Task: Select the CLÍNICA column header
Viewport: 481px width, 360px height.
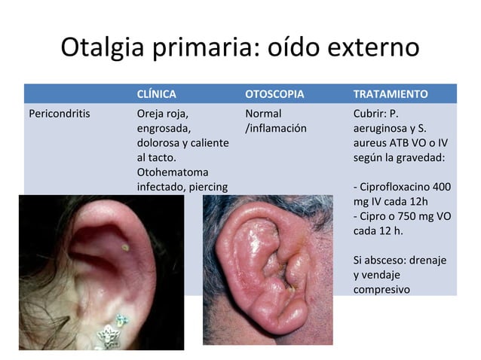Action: point(157,94)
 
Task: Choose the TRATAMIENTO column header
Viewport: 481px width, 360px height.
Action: point(391,94)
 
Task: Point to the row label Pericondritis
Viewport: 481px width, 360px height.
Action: point(59,114)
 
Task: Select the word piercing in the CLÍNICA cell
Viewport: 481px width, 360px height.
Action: point(205,186)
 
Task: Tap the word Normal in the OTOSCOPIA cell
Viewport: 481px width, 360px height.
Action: point(263,114)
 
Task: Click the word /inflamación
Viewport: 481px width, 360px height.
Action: point(276,128)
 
